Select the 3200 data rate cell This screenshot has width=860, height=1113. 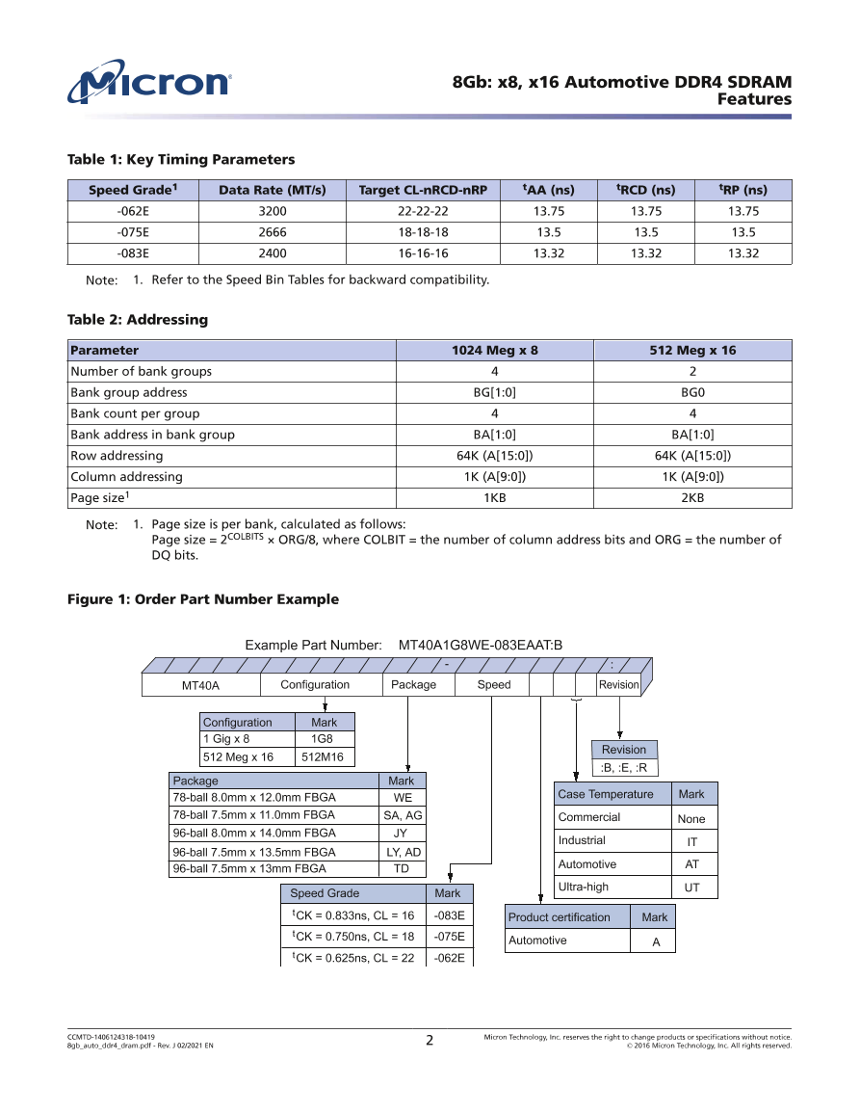273,211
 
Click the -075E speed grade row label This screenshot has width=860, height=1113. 132,232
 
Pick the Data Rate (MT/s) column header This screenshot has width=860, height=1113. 273,190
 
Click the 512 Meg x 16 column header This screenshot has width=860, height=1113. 692,350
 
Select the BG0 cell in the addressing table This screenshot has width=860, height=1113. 692,392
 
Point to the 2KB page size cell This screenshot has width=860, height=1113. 692,498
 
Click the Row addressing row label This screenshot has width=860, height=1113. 117,456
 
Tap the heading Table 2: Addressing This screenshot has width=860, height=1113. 137,319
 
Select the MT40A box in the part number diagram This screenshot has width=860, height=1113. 201,685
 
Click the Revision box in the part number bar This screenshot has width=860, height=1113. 618,685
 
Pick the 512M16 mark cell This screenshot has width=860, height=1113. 323,757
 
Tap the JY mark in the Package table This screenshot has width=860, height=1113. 402,833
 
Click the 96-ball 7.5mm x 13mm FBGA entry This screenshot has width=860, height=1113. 249,868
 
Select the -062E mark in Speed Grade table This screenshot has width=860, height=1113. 449,958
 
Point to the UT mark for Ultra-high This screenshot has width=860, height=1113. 691,888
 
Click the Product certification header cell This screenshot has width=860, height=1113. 560,917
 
